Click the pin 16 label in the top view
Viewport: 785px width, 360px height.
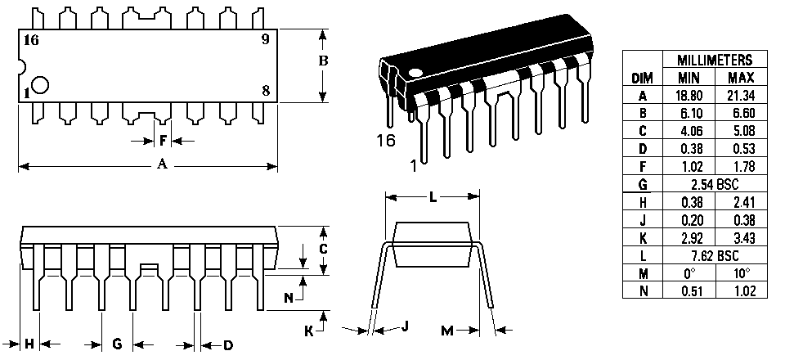click(x=33, y=39)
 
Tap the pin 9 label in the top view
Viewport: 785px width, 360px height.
click(x=266, y=39)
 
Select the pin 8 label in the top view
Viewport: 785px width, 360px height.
click(x=266, y=90)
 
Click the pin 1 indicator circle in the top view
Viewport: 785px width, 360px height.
click(x=41, y=84)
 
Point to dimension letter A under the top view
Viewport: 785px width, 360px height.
click(x=162, y=165)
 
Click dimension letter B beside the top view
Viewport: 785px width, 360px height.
click(x=323, y=61)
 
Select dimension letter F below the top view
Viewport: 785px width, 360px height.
click(x=163, y=141)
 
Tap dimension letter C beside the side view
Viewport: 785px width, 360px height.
click(x=323, y=249)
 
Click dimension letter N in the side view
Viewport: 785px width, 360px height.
click(x=289, y=299)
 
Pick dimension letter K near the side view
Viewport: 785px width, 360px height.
click(x=308, y=331)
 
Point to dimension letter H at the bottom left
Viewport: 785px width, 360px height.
click(x=29, y=344)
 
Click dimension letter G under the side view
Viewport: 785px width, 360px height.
click(x=117, y=344)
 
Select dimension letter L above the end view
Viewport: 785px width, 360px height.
click(x=432, y=197)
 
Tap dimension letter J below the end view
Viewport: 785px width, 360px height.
click(x=405, y=326)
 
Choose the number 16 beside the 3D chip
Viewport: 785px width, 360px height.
click(x=386, y=141)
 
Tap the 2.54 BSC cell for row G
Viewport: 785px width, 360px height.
click(x=714, y=185)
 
